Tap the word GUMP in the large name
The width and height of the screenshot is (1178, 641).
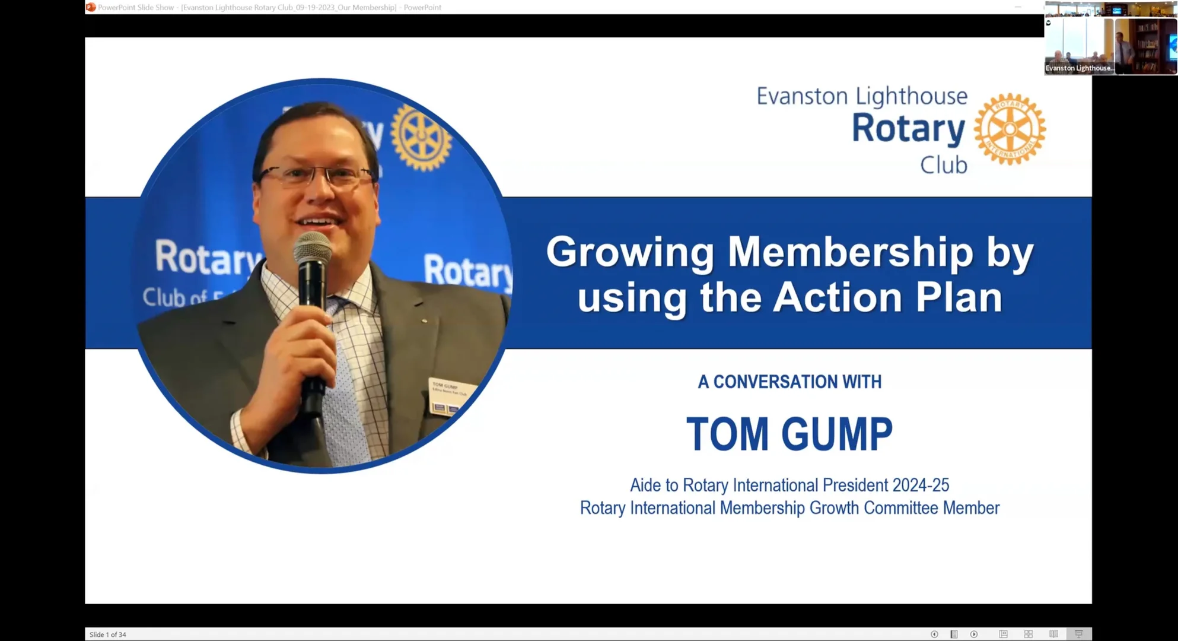(837, 434)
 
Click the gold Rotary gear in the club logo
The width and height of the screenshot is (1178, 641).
(1010, 129)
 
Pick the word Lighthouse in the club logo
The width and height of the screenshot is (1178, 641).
(912, 96)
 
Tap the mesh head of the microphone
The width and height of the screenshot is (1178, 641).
(313, 247)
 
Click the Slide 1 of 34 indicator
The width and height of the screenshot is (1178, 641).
(108, 634)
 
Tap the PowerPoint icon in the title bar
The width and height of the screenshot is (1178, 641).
(91, 7)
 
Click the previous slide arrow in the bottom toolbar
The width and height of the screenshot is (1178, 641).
(934, 634)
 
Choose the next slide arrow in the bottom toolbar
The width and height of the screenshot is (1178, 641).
(974, 634)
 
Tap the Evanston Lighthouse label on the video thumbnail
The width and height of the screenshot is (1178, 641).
(1078, 68)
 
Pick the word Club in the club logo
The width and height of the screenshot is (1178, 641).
(943, 165)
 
